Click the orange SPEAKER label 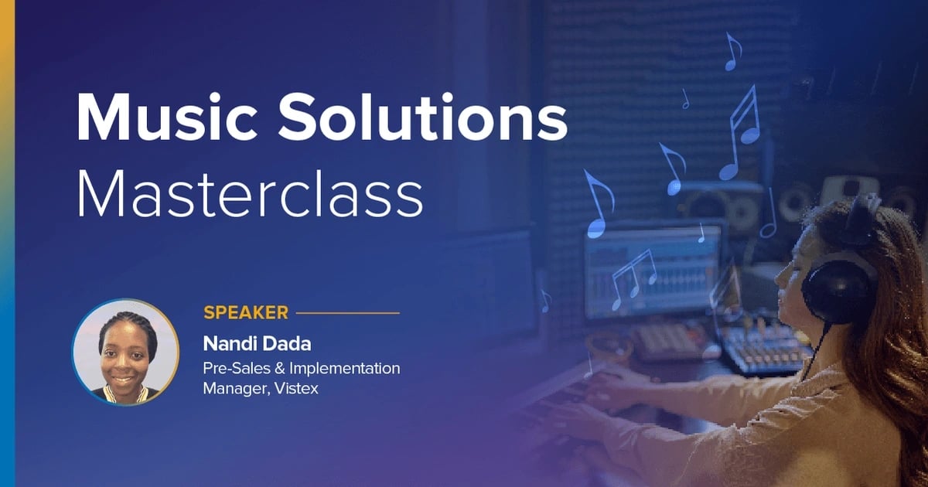[245, 313]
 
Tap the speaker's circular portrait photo [125, 352]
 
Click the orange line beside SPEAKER [348, 313]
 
